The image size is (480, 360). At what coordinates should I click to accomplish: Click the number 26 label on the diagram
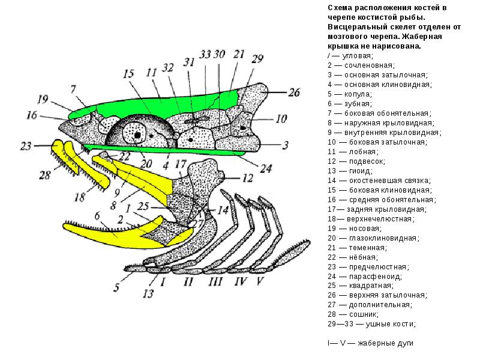pos(293,92)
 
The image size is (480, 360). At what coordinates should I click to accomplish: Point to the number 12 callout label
pos(247,178)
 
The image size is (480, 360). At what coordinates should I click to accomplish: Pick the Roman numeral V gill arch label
pos(260,280)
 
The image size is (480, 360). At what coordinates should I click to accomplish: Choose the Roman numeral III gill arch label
pos(215,280)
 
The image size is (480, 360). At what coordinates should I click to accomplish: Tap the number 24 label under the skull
pos(265,169)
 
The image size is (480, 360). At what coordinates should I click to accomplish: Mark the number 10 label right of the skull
pos(281,119)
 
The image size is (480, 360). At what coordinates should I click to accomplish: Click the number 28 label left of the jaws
pos(45,176)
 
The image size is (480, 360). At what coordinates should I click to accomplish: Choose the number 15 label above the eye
pos(128,74)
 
